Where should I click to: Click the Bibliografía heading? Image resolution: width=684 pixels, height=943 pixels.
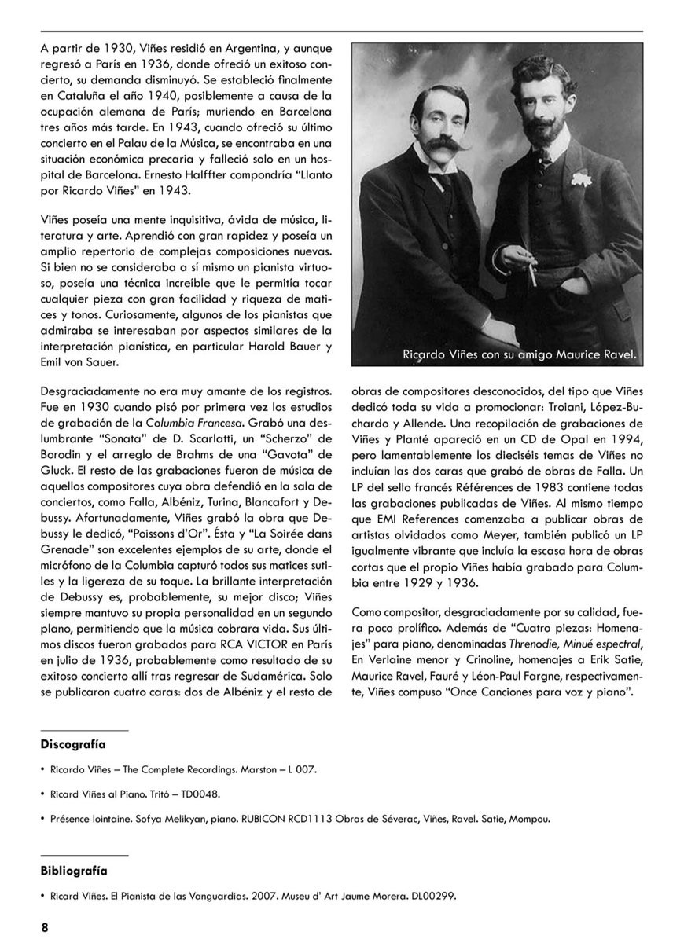point(74,870)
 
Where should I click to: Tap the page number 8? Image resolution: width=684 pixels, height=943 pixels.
point(45,927)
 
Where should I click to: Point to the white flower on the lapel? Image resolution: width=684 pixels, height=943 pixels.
point(581,179)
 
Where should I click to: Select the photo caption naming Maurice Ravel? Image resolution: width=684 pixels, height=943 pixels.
point(519,355)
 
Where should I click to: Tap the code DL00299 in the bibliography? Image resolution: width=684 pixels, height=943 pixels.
point(430,895)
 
